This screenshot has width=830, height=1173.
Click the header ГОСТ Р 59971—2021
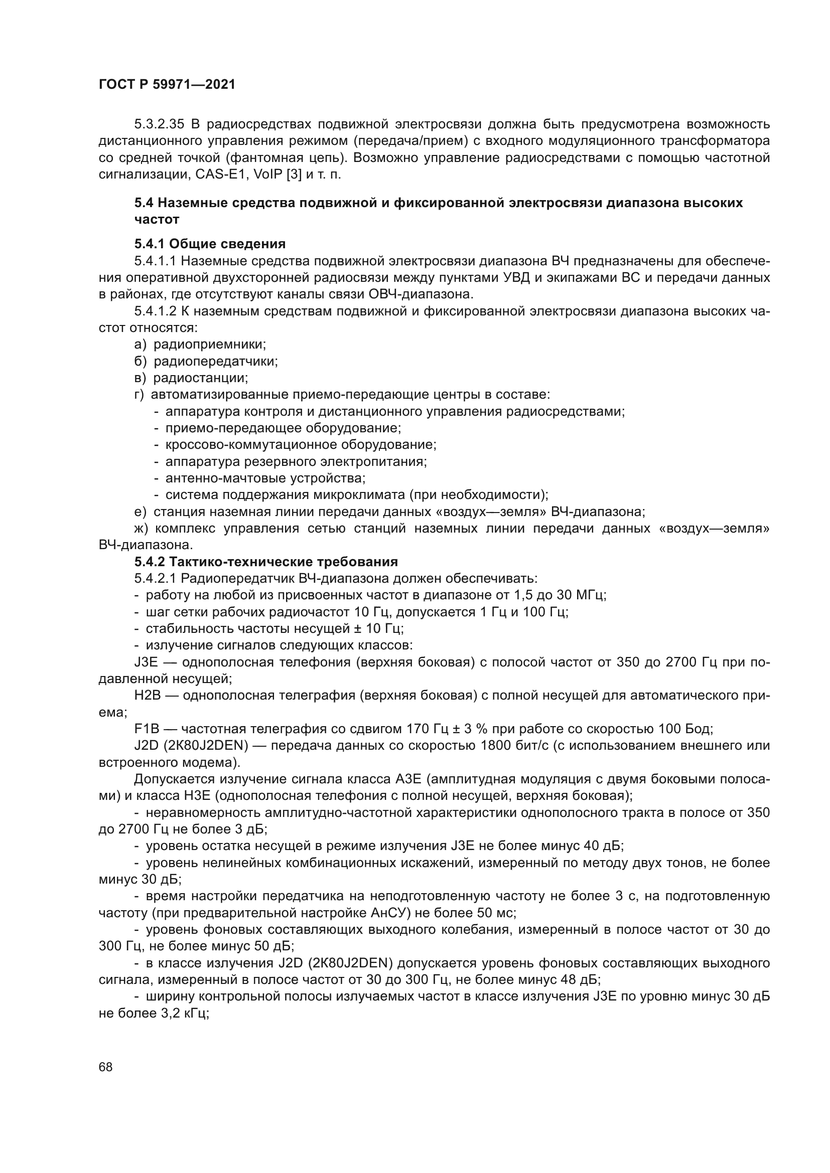coord(167,85)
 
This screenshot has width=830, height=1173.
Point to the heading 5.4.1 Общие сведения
coord(210,244)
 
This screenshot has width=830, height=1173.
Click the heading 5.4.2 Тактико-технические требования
coord(266,562)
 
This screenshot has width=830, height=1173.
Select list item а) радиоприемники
coord(200,345)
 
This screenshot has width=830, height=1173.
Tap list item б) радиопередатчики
coord(205,361)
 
